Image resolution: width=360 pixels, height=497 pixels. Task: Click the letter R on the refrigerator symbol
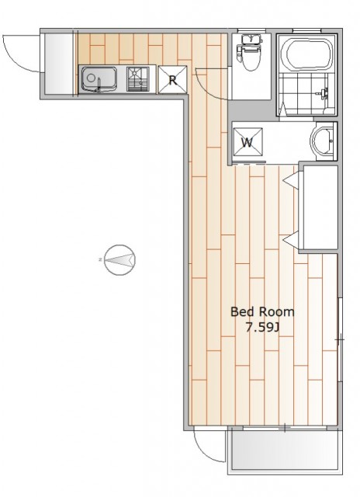click(x=172, y=81)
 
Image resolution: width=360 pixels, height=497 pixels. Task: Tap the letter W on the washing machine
click(x=247, y=143)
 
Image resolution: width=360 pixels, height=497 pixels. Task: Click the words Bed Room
click(x=262, y=312)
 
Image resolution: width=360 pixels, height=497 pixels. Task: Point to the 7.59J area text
click(x=262, y=328)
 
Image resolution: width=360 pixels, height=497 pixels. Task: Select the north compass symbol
click(x=120, y=259)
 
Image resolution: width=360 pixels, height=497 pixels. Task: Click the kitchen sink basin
click(x=99, y=79)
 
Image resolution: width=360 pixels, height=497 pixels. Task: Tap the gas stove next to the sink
click(x=138, y=79)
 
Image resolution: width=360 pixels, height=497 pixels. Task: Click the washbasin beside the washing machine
click(x=321, y=141)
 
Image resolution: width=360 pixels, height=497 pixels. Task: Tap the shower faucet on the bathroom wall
click(x=323, y=93)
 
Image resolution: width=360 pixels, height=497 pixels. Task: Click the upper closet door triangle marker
click(x=291, y=181)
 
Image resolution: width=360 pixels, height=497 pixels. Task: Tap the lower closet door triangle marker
click(x=291, y=240)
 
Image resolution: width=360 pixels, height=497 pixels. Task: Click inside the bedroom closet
click(x=319, y=207)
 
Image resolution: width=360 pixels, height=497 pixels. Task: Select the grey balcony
click(x=285, y=450)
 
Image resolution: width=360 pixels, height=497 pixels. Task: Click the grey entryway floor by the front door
click(x=59, y=64)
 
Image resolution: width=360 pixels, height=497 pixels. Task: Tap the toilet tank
click(x=251, y=40)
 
